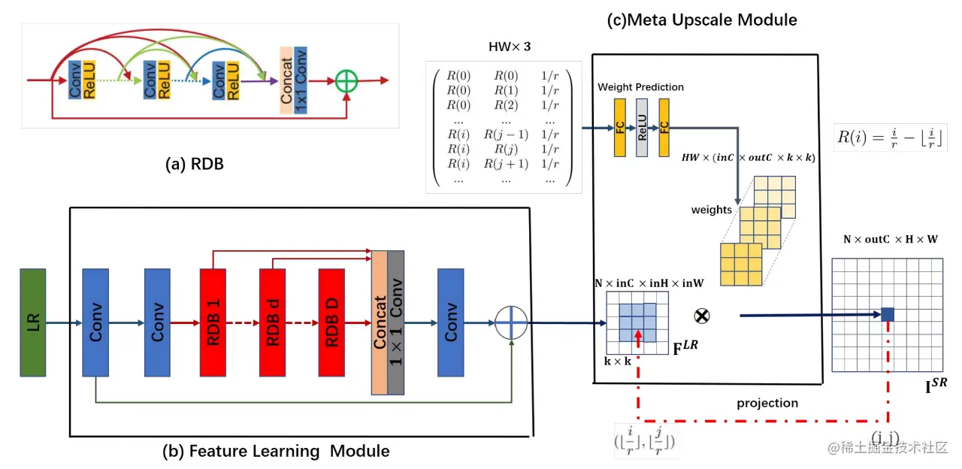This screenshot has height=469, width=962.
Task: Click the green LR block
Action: tap(33, 322)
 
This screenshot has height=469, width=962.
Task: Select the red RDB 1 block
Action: tap(213, 322)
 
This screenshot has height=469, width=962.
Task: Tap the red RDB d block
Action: tap(272, 322)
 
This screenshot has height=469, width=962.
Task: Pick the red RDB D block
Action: tap(331, 322)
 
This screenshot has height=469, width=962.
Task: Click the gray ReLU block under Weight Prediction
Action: tap(642, 128)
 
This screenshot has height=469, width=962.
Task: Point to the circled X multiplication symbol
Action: tap(702, 316)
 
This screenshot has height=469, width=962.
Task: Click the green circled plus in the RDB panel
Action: tap(346, 80)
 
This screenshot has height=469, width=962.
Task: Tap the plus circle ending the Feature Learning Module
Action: tap(511, 322)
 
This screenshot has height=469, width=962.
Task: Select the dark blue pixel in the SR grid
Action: tap(888, 314)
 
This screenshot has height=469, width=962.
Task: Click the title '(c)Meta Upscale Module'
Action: tap(702, 20)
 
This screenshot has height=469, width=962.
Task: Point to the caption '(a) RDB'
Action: tap(195, 164)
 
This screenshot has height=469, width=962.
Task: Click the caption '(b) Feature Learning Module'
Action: tap(276, 451)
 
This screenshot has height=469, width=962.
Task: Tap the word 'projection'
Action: tap(767, 403)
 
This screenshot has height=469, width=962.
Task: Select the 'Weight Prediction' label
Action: tap(640, 86)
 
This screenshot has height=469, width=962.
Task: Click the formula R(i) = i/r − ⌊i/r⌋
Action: tap(890, 138)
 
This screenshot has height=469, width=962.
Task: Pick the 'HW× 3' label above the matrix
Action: tap(510, 47)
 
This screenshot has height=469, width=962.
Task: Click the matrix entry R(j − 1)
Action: tap(506, 135)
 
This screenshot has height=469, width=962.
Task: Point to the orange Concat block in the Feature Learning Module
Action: tap(380, 322)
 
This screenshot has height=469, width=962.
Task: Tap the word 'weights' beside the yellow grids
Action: tap(711, 210)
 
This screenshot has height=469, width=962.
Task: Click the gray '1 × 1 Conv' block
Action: tap(395, 322)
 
